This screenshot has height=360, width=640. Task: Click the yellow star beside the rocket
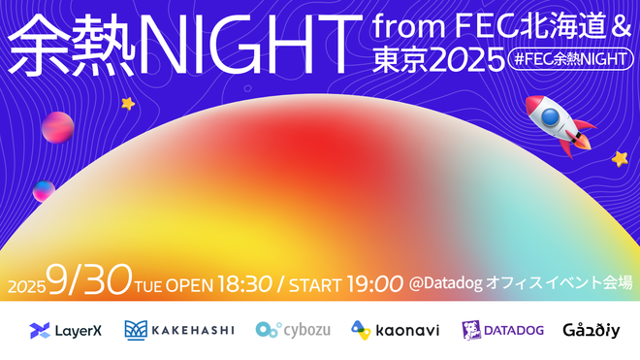click(x=620, y=157)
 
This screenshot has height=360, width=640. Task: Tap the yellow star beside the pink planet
click(x=127, y=103)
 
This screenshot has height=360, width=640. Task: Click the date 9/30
click(x=86, y=282)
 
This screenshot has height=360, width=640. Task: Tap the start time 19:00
click(x=372, y=283)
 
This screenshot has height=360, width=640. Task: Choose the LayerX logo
click(x=66, y=330)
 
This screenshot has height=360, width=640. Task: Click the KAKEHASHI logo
click(x=179, y=330)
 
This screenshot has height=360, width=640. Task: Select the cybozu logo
click(x=293, y=330)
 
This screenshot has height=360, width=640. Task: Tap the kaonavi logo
click(x=395, y=330)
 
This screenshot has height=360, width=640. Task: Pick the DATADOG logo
click(x=502, y=330)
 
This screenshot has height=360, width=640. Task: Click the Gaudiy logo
click(x=591, y=330)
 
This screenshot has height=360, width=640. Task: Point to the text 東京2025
click(x=436, y=60)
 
